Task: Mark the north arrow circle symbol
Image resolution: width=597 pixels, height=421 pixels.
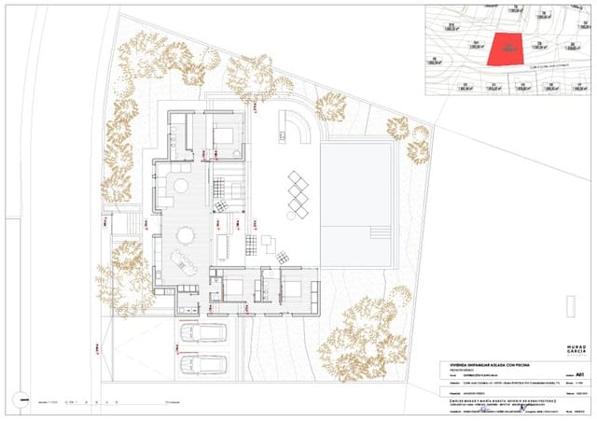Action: click(18, 401)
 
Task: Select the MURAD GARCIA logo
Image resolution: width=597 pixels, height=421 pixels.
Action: click(576, 350)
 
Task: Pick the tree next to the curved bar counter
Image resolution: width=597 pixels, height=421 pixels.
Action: click(329, 107)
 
